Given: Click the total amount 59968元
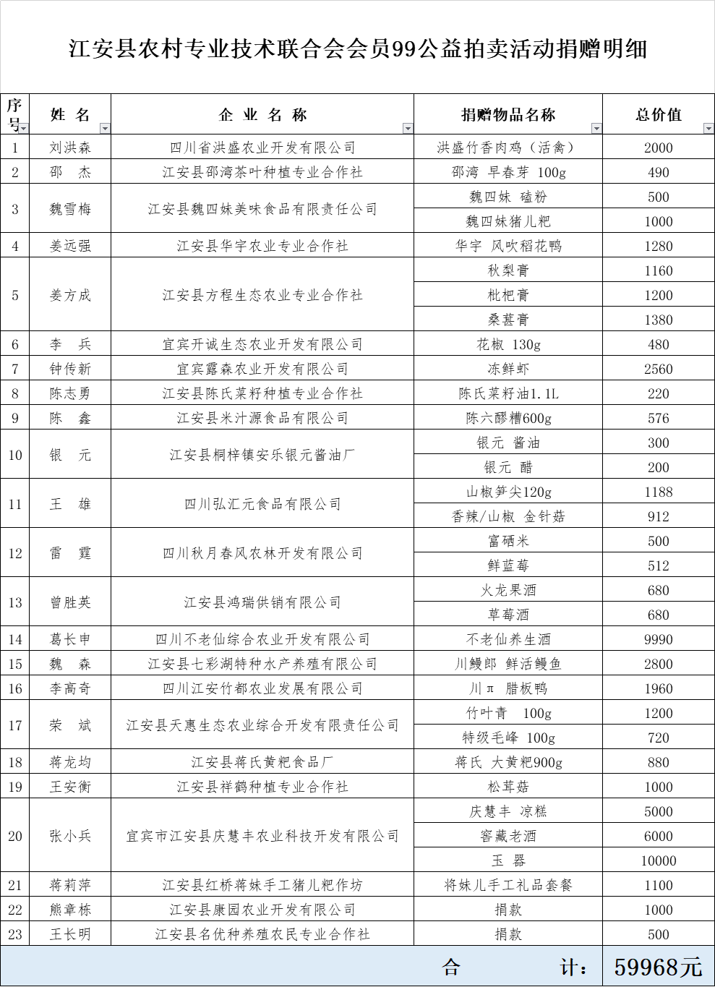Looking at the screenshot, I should [658, 967].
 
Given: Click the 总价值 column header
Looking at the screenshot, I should [658, 115].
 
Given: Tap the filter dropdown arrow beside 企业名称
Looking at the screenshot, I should [408, 129].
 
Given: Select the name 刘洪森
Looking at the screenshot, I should [70, 148].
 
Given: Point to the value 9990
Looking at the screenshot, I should [658, 640].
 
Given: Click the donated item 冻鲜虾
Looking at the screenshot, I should [508, 369].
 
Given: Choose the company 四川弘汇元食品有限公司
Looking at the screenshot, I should [262, 505].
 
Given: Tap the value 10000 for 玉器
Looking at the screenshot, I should [658, 861].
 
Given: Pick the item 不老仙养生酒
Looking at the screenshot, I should [508, 640].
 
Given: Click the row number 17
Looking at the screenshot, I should [15, 725].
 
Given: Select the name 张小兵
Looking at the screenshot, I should [70, 837].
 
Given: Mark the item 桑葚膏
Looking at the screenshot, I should [508, 320].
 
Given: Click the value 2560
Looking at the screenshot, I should [658, 369].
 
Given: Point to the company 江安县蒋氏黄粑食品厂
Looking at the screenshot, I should [262, 763].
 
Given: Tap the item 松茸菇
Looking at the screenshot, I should [508, 787].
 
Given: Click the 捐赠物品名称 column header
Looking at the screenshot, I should [508, 115].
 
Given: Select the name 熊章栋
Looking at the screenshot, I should [70, 910].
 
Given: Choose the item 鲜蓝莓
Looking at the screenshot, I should [508, 566].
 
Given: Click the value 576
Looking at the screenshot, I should [658, 419].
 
